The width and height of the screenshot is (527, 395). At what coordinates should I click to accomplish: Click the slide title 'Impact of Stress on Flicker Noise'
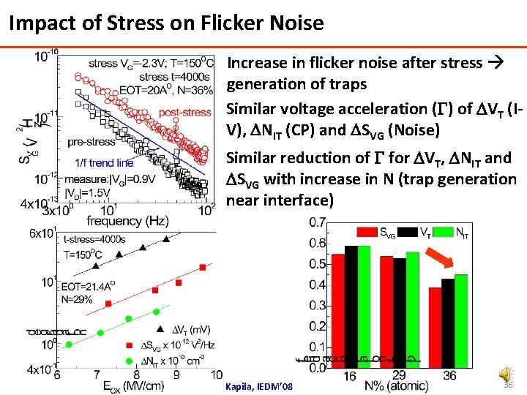pos(166,23)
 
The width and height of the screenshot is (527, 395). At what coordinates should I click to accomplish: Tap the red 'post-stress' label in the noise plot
pos(185,113)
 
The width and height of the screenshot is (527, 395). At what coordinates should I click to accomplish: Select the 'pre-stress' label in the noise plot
pos(91,142)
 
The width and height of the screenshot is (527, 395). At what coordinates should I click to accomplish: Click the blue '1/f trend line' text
pos(104,162)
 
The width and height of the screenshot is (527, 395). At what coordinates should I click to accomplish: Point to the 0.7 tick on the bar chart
pos(317,222)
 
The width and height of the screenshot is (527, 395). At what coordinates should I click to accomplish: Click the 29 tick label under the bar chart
pos(399,375)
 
